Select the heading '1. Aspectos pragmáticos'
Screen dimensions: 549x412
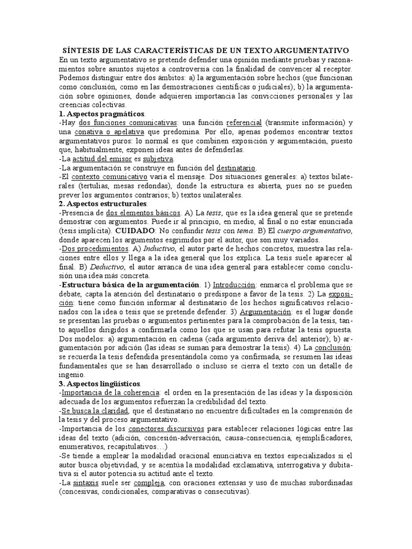click(102, 114)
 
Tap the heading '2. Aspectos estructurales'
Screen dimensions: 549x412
click(103, 204)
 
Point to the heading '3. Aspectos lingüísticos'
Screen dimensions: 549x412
click(100, 384)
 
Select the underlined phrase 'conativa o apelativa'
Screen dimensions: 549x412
click(105, 131)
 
